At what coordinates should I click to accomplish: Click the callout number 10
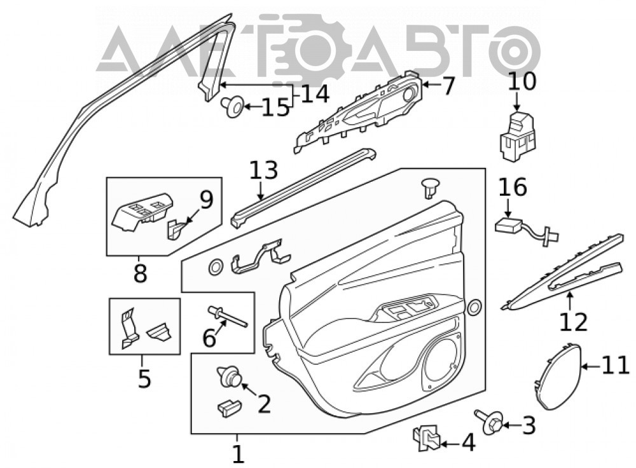coord(522,81)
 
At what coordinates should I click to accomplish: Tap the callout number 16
coord(512,188)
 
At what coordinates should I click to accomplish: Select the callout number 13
coord(264,170)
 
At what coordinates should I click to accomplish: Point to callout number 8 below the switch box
coord(140,274)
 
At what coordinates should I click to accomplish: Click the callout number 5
coord(144,378)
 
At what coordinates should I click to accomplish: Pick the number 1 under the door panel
coord(238,454)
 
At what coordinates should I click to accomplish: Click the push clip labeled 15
coord(233,107)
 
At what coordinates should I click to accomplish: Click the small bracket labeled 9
coord(174,229)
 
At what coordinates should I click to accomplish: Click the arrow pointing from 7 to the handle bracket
coord(432,85)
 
